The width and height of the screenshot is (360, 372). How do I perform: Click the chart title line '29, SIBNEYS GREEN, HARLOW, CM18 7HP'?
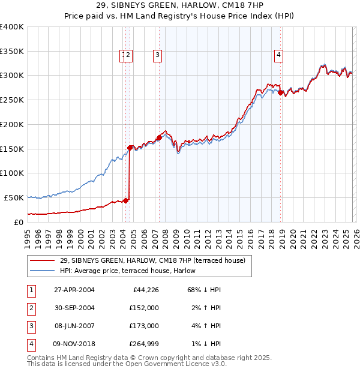coord(179,5)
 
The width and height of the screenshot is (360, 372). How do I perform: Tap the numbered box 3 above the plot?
coord(157,56)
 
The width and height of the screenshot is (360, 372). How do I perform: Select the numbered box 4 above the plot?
coord(279,56)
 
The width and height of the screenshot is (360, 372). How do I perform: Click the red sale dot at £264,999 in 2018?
coord(280,92)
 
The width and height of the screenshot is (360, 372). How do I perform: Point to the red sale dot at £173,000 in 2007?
coord(159,137)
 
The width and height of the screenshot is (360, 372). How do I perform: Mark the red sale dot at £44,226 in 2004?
coord(126,200)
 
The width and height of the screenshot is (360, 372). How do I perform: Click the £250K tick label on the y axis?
coord(12,100)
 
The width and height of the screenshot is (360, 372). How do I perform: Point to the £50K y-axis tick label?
coord(14,197)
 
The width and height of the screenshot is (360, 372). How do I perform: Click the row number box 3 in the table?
coord(31,326)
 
